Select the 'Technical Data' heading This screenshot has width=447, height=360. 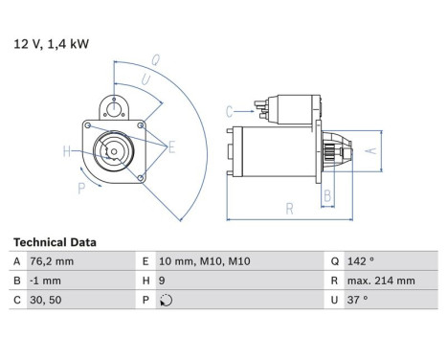(54, 243)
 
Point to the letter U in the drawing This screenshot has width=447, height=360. (145, 79)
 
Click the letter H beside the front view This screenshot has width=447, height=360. (67, 150)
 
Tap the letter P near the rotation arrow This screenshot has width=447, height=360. (81, 190)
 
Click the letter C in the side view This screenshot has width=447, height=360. (230, 112)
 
